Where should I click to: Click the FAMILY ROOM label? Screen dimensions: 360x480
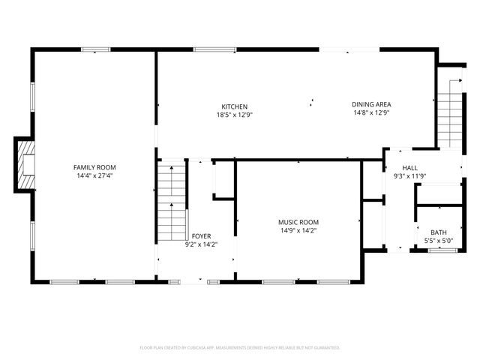pos(94,167)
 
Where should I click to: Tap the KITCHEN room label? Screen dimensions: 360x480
pos(234,106)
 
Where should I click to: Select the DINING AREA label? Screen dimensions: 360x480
pos(371,104)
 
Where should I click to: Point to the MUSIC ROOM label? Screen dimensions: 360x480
pos(298,222)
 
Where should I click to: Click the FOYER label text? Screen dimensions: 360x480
pos(201,235)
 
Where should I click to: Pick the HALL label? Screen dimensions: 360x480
pos(409,168)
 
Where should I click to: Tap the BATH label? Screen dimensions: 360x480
pos(438,232)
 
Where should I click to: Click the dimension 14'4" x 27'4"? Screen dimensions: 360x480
pos(94,175)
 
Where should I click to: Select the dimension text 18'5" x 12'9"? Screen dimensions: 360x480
pos(234,115)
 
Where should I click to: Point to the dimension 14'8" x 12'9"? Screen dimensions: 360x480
pos(371,112)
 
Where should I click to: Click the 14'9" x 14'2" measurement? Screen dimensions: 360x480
pos(298,230)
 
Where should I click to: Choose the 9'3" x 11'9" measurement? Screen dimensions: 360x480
pos(409,176)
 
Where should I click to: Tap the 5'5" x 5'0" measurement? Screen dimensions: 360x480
pos(438,241)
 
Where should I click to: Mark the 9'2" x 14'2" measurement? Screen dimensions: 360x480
pos(201,244)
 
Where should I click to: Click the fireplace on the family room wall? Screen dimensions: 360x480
pos(25,165)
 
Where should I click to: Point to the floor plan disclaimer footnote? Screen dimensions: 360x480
pos(240,348)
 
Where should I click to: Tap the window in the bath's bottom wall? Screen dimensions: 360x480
pos(442,250)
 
